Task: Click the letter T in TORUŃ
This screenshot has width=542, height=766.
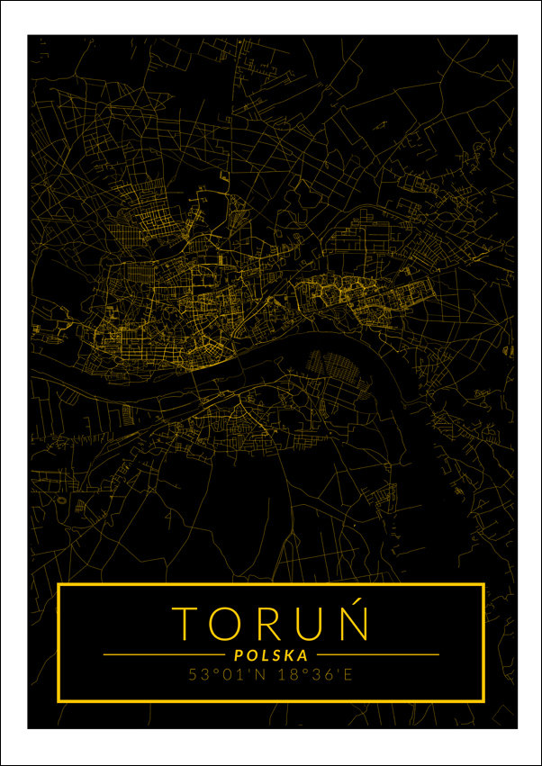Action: pyautogui.click(x=186, y=623)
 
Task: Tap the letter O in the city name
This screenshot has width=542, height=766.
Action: pyautogui.click(x=228, y=623)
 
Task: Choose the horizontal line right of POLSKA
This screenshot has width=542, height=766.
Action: pyautogui.click(x=378, y=654)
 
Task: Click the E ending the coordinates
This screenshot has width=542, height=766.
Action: pyautogui.click(x=348, y=674)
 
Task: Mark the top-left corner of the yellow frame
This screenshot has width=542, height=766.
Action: pyautogui.click(x=59, y=585)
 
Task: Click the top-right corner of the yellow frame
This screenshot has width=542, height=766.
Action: pyautogui.click(x=483, y=585)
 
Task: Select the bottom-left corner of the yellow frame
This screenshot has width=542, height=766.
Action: pyautogui.click(x=59, y=699)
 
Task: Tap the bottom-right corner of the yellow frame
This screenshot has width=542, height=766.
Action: pyautogui.click(x=483, y=699)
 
